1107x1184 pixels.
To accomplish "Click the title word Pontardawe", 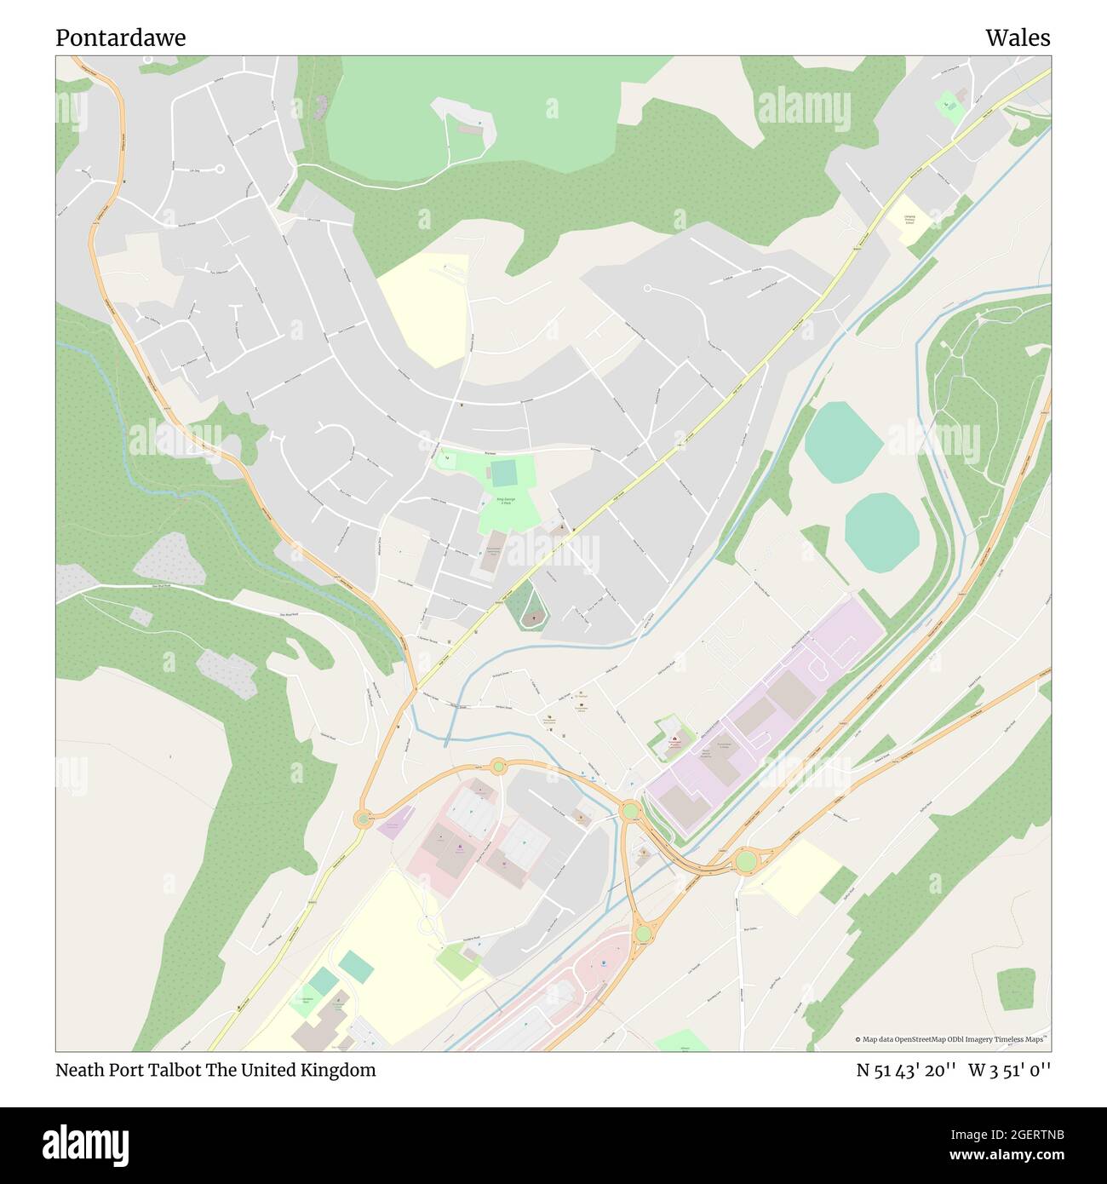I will point(120,38).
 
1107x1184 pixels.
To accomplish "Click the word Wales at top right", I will point(1018,38).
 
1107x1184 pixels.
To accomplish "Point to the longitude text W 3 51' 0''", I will point(1010,1070).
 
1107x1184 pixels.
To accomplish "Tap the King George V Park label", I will point(506,500).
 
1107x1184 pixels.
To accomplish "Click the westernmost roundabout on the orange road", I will point(363,819).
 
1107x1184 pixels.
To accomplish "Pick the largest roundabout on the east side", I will point(745,861).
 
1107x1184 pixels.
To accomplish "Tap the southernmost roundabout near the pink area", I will point(643,935).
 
